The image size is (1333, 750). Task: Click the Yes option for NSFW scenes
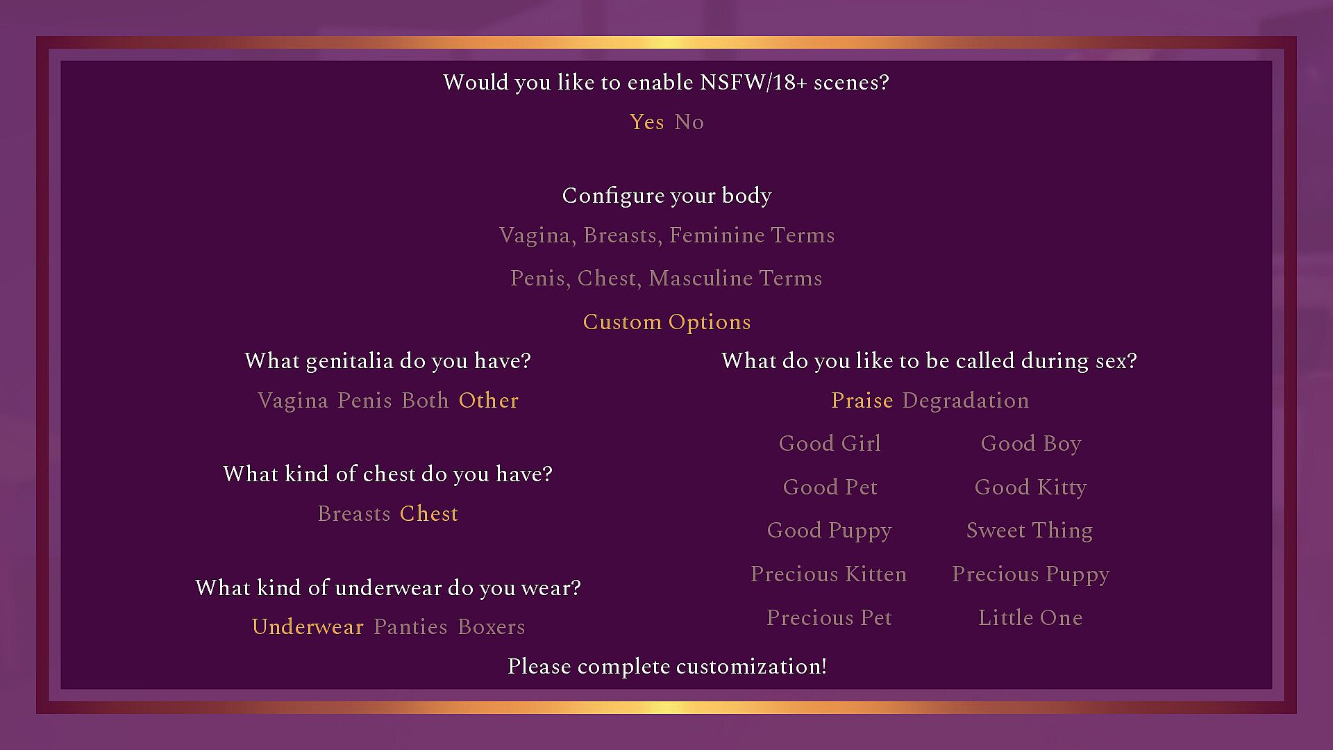click(646, 122)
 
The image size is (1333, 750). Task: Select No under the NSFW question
click(689, 122)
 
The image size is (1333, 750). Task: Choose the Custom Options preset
click(666, 322)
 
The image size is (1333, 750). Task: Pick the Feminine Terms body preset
click(666, 235)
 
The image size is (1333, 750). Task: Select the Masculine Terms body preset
click(666, 278)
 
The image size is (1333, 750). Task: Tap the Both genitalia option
click(425, 401)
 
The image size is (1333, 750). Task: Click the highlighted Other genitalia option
click(488, 401)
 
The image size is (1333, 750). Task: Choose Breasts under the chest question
click(353, 514)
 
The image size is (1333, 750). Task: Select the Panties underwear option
click(410, 627)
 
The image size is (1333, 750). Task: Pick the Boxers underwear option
click(491, 627)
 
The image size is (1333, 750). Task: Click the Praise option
click(862, 401)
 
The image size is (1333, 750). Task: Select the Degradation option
click(965, 401)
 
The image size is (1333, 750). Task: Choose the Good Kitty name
click(1030, 487)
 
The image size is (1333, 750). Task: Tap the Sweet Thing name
click(1030, 531)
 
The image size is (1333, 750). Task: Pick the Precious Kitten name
click(828, 574)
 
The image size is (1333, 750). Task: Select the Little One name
click(1030, 618)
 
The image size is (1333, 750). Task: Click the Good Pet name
click(830, 487)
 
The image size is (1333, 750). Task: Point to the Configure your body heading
click(666, 196)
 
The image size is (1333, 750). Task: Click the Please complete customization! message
click(666, 667)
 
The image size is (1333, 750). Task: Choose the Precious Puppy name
click(1030, 574)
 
